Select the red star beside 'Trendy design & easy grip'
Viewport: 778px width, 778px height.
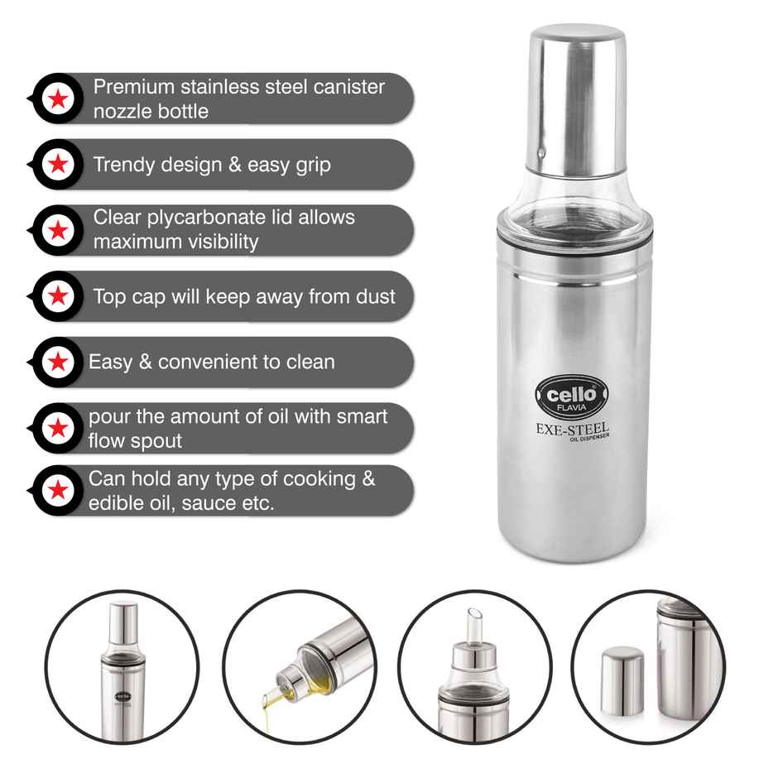coord(58,165)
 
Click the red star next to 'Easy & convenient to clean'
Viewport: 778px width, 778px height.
coord(58,363)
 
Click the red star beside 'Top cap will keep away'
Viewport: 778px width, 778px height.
coord(58,296)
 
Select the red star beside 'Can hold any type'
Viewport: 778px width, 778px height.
coord(58,491)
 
